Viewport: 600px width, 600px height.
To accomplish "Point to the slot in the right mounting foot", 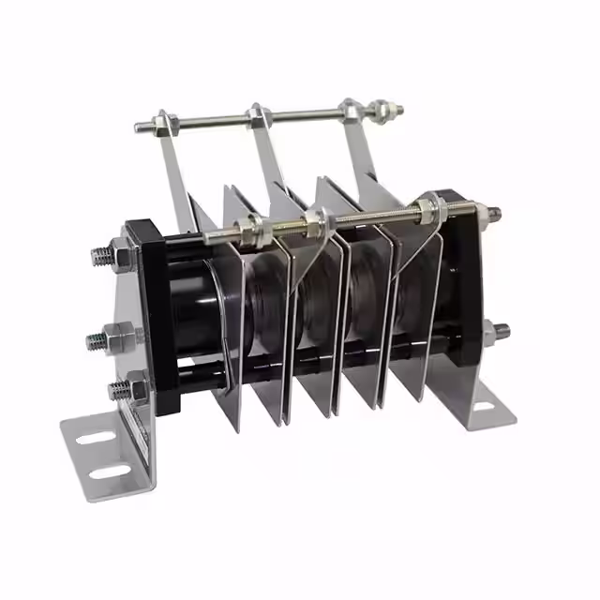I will (x=484, y=406).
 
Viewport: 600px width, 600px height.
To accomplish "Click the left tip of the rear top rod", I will (x=139, y=127).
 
